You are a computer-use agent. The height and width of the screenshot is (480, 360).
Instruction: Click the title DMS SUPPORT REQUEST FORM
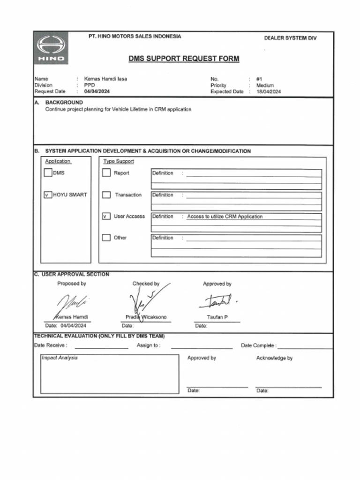point(184,59)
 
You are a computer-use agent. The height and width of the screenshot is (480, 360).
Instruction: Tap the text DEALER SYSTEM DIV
point(290,38)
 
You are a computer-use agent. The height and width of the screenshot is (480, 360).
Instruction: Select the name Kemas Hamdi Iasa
point(105,79)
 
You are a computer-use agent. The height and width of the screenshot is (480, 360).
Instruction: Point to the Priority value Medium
point(265,85)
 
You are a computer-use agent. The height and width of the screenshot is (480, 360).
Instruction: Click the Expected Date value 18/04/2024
point(269,92)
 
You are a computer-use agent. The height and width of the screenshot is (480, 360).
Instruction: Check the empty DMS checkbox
point(48,173)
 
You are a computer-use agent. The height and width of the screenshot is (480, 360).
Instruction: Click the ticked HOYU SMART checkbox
point(48,195)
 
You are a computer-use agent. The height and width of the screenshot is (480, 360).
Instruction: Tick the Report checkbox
point(106,173)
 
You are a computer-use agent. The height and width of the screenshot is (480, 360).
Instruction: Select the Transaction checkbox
point(106,195)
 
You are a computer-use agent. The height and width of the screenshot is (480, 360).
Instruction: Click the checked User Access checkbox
point(106,216)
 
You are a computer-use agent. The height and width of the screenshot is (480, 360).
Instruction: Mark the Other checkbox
point(106,238)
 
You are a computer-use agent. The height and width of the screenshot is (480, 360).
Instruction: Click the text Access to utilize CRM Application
point(225,217)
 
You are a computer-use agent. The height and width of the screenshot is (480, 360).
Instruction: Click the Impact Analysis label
point(60,358)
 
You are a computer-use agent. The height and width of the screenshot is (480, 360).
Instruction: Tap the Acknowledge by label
point(274,358)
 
